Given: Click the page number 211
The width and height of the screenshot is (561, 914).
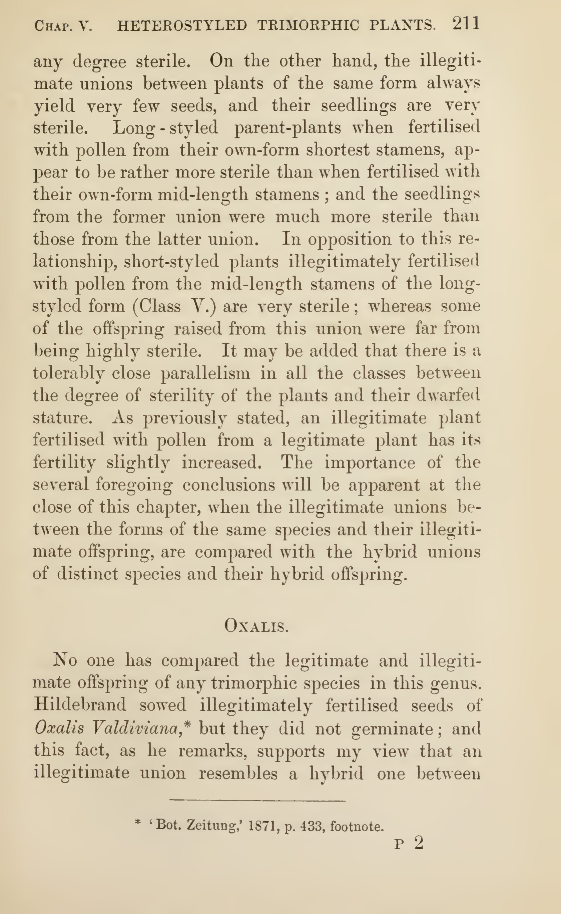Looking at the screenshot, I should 466,24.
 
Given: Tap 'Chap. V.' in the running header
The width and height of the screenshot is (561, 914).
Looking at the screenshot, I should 63,26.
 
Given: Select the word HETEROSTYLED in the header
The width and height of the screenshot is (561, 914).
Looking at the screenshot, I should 182,25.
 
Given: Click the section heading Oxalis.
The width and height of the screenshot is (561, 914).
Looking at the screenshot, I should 256,626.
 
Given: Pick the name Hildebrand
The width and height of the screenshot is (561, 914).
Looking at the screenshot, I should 80,705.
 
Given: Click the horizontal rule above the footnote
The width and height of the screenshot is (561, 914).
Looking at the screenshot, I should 257,801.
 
